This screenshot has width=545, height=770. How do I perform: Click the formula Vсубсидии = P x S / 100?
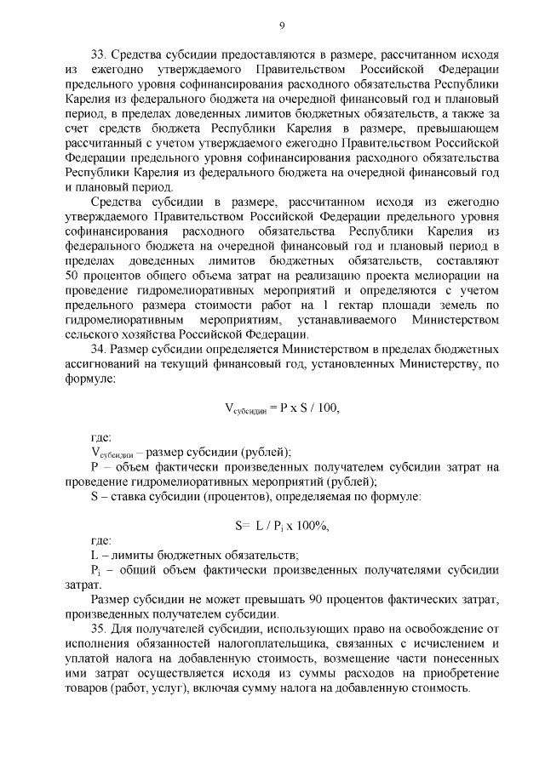tap(281, 408)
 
